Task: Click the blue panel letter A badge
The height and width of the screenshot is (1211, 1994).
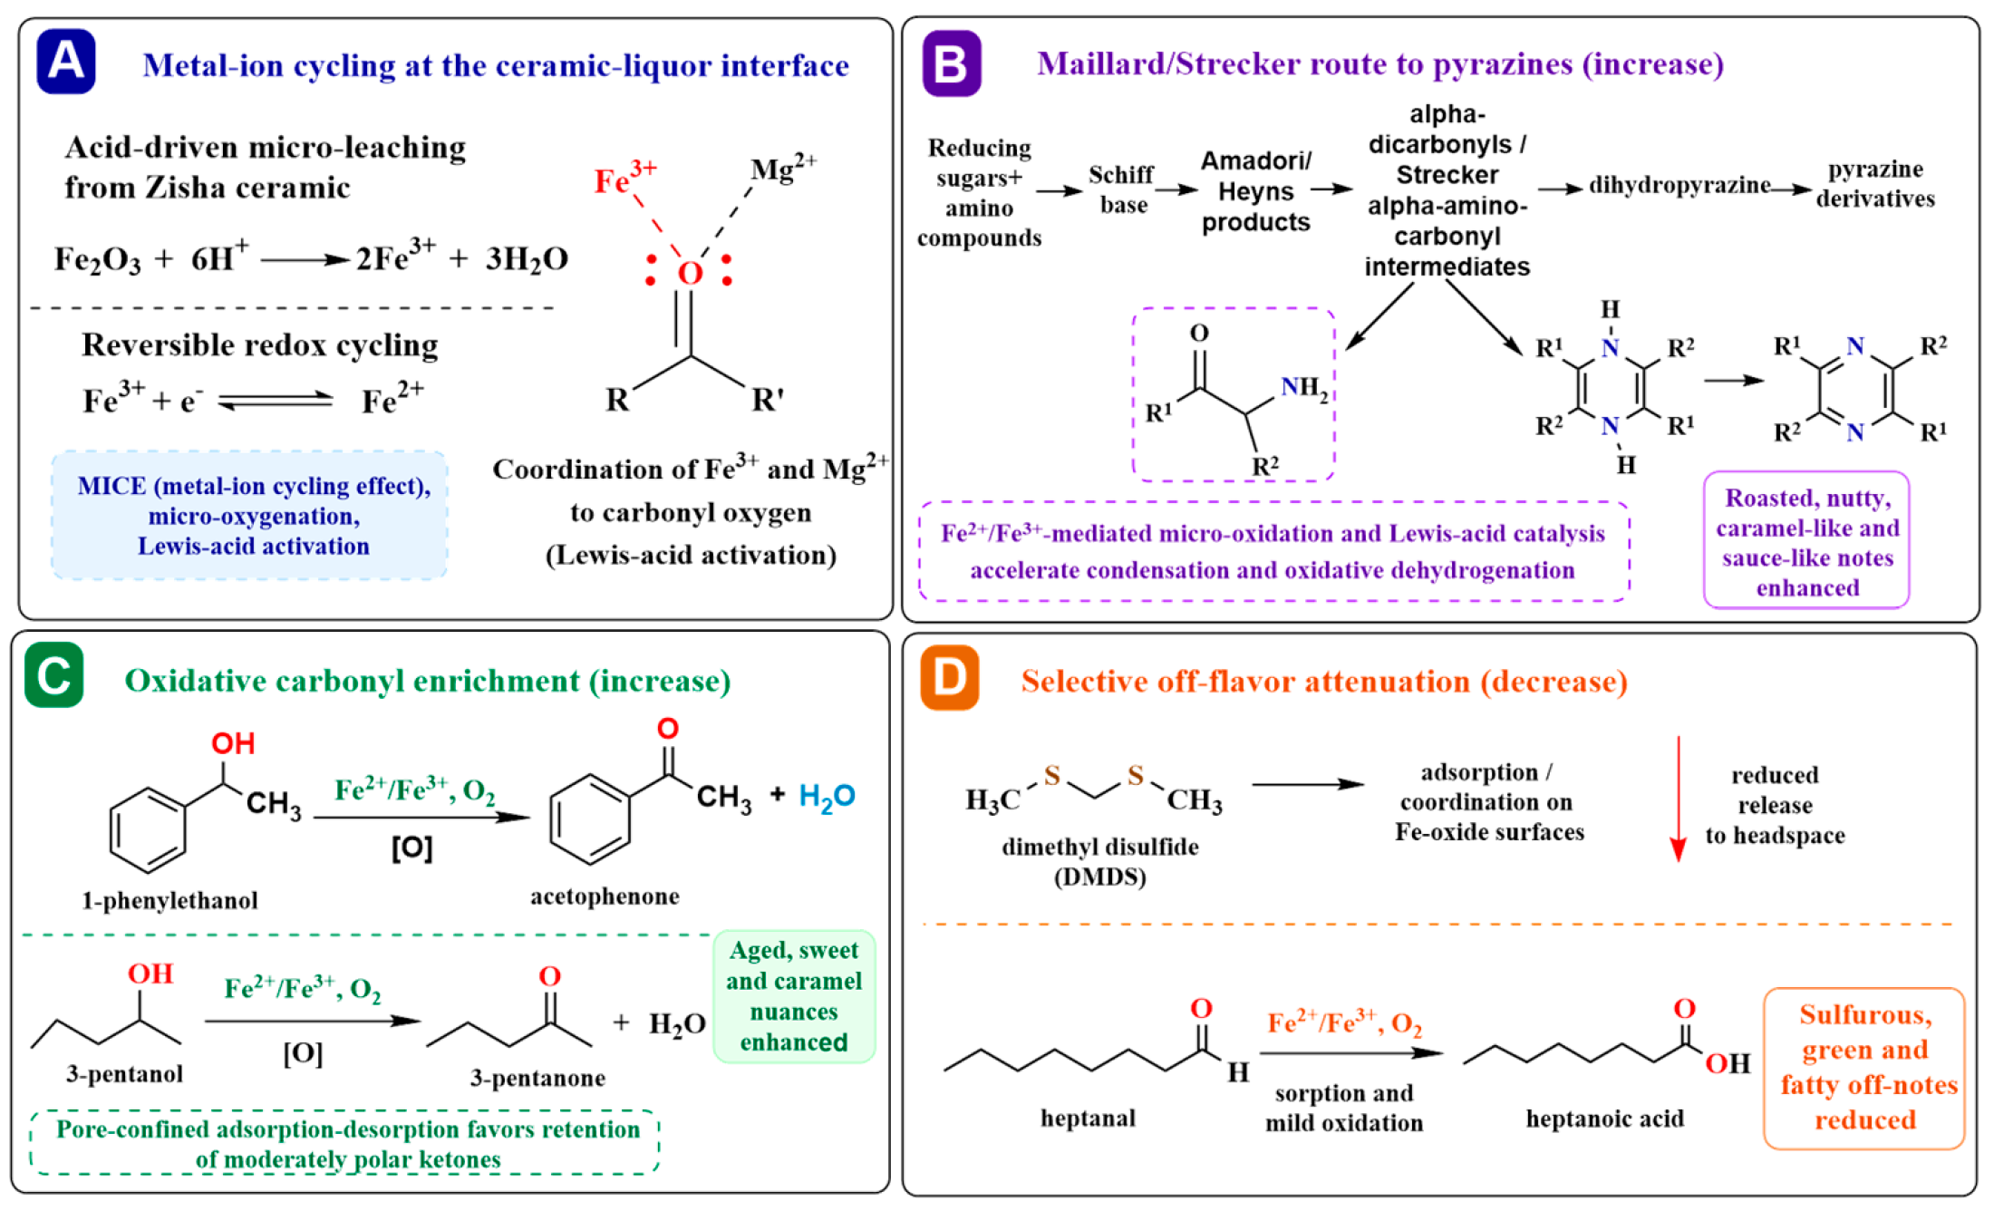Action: click(66, 62)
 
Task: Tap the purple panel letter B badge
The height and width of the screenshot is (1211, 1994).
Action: click(951, 63)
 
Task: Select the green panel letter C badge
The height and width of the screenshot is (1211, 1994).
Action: click(54, 675)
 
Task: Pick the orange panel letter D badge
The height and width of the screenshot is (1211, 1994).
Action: click(950, 677)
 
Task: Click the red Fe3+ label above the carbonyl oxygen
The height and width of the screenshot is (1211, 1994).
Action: click(624, 177)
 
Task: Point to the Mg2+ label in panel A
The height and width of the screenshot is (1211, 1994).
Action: click(783, 169)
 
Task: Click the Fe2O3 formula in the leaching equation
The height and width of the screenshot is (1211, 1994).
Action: click(98, 260)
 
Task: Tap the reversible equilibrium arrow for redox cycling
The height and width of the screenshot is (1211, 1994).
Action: click(276, 400)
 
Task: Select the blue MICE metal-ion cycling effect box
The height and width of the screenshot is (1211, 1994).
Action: click(249, 515)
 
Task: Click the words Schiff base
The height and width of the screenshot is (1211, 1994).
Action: click(1122, 189)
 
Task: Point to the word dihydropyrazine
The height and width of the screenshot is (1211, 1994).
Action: click(1679, 186)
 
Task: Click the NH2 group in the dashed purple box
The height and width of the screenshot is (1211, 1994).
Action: click(1304, 389)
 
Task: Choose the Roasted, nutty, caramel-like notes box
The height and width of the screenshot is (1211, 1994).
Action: click(1806, 540)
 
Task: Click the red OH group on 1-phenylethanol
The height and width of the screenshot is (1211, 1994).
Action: click(233, 744)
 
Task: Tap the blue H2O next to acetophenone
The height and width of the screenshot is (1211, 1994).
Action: click(827, 797)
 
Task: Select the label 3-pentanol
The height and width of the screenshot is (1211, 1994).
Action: click(124, 1074)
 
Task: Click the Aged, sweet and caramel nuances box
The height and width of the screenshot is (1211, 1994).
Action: click(794, 996)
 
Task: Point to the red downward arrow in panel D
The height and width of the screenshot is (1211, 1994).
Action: click(1678, 799)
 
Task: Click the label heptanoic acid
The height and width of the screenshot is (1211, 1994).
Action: click(1604, 1119)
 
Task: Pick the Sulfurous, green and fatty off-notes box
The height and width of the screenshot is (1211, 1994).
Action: click(1864, 1069)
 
